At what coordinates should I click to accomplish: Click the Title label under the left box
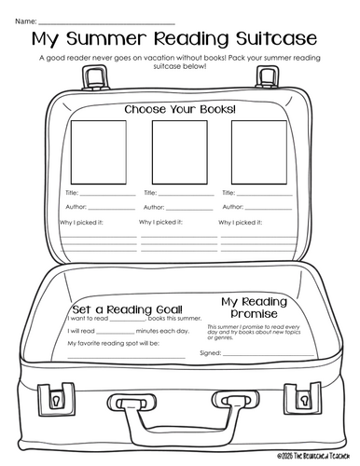[73, 193]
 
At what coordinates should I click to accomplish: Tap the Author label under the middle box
[154, 207]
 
